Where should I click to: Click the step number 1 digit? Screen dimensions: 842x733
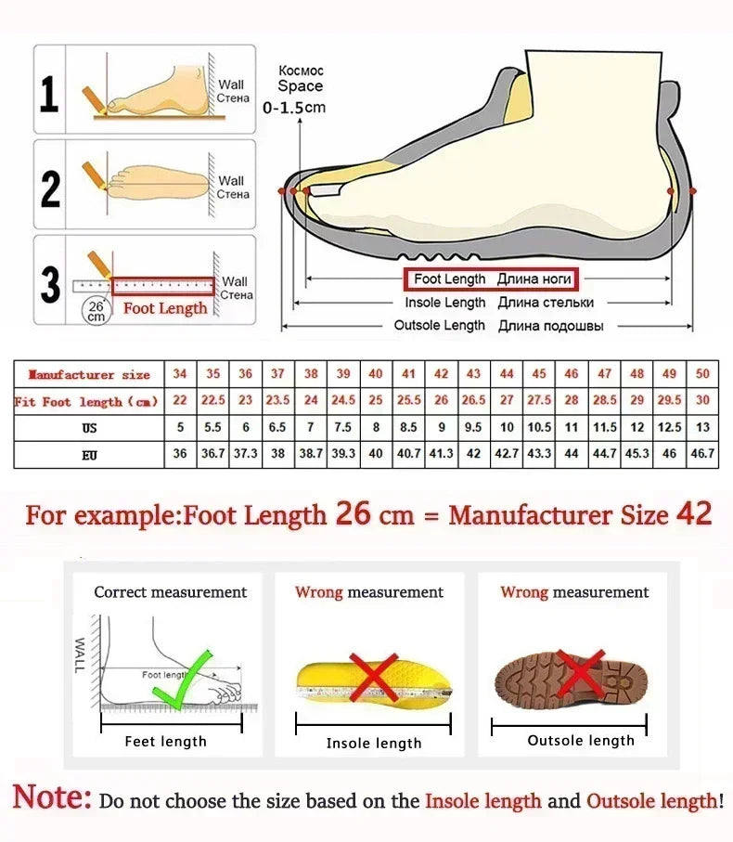49,94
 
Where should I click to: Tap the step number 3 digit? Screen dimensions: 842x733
50,285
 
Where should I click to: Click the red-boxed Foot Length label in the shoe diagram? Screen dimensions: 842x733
488,279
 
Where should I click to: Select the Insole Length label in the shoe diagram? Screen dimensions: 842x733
444,303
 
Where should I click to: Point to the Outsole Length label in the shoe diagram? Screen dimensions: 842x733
439,325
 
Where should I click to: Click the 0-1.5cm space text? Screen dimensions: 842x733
294,108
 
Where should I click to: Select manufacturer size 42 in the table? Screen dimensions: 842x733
442,374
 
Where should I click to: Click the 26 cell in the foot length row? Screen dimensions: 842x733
442,401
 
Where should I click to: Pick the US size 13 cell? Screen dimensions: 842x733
702,428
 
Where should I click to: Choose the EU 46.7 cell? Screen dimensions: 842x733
702,455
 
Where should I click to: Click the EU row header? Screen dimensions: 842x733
89,455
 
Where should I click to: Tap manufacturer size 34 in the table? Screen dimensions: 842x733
180,374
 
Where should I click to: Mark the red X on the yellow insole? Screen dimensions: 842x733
373,677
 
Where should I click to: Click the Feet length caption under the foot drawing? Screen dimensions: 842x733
166,741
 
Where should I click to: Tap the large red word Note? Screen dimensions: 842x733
53,798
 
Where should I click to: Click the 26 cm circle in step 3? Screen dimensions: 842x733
96,309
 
